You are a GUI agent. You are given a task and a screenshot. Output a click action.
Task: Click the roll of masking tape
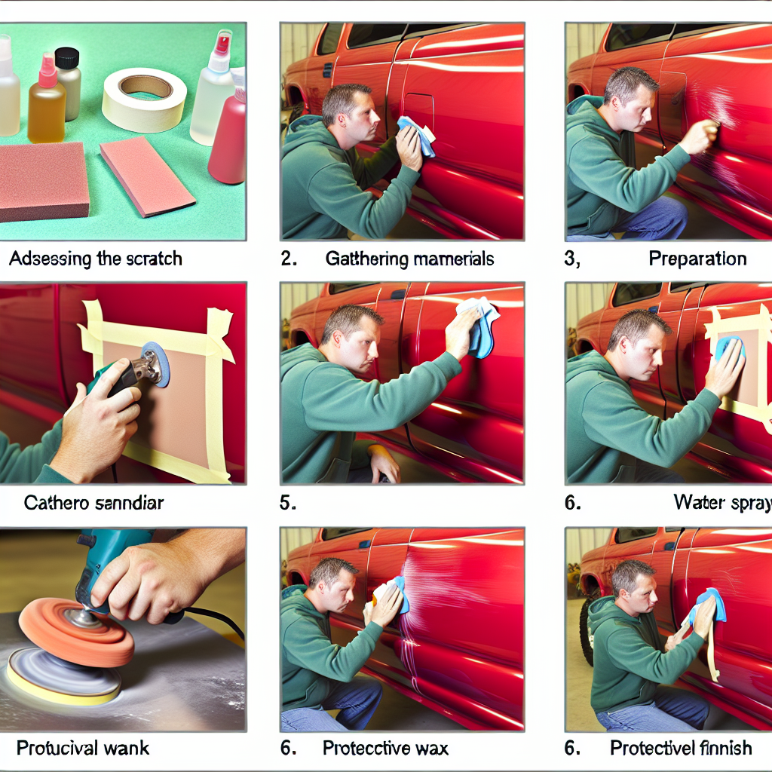pos(144,100)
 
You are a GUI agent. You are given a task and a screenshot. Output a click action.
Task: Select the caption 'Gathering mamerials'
pos(409,259)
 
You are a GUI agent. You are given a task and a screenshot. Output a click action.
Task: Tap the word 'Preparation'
pos(697,259)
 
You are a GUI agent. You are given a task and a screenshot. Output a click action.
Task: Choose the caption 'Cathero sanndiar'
pos(93,503)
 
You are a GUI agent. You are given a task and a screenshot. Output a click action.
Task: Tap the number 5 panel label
pos(287,503)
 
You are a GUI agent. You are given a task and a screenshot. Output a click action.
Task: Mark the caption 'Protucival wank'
pos(83,748)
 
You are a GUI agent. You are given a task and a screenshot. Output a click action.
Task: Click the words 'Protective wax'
pos(385,748)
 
